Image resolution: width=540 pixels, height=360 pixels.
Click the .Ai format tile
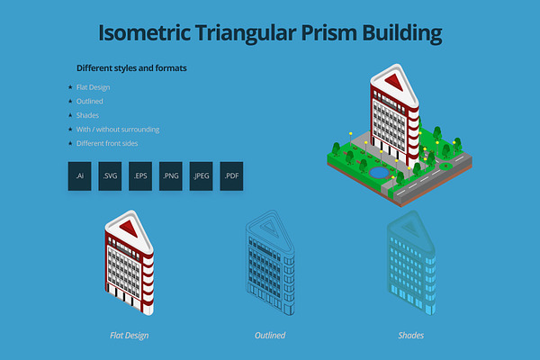pos(79,176)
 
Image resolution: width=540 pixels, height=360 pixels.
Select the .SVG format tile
pos(110,176)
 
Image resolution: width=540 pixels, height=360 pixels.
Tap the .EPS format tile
pos(140,176)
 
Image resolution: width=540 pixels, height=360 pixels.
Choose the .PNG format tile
pos(171,176)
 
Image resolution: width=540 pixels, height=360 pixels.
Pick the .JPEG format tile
pos(201,176)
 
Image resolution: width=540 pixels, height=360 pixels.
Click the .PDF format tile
pos(231,176)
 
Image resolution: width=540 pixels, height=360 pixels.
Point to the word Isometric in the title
pos(145,33)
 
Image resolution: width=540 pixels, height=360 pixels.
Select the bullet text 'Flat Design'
pos(93,87)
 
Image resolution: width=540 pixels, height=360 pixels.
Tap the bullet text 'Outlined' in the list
pos(89,102)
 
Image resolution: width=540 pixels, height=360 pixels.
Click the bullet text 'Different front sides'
pos(107,143)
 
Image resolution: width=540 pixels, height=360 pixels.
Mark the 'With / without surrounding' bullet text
pos(118,130)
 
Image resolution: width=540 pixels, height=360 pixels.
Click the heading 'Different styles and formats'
pos(131,68)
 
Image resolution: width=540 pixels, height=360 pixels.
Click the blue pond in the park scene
pos(379,172)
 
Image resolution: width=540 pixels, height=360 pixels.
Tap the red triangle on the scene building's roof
pos(394,82)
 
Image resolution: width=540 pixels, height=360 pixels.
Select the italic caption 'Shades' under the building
pos(411,335)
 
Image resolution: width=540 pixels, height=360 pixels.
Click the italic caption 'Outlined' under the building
pos(270,335)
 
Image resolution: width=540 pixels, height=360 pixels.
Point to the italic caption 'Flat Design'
pos(129,336)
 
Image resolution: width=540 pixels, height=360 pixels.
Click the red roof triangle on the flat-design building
pos(130,228)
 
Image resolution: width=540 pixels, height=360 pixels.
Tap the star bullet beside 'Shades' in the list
pos(70,115)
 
